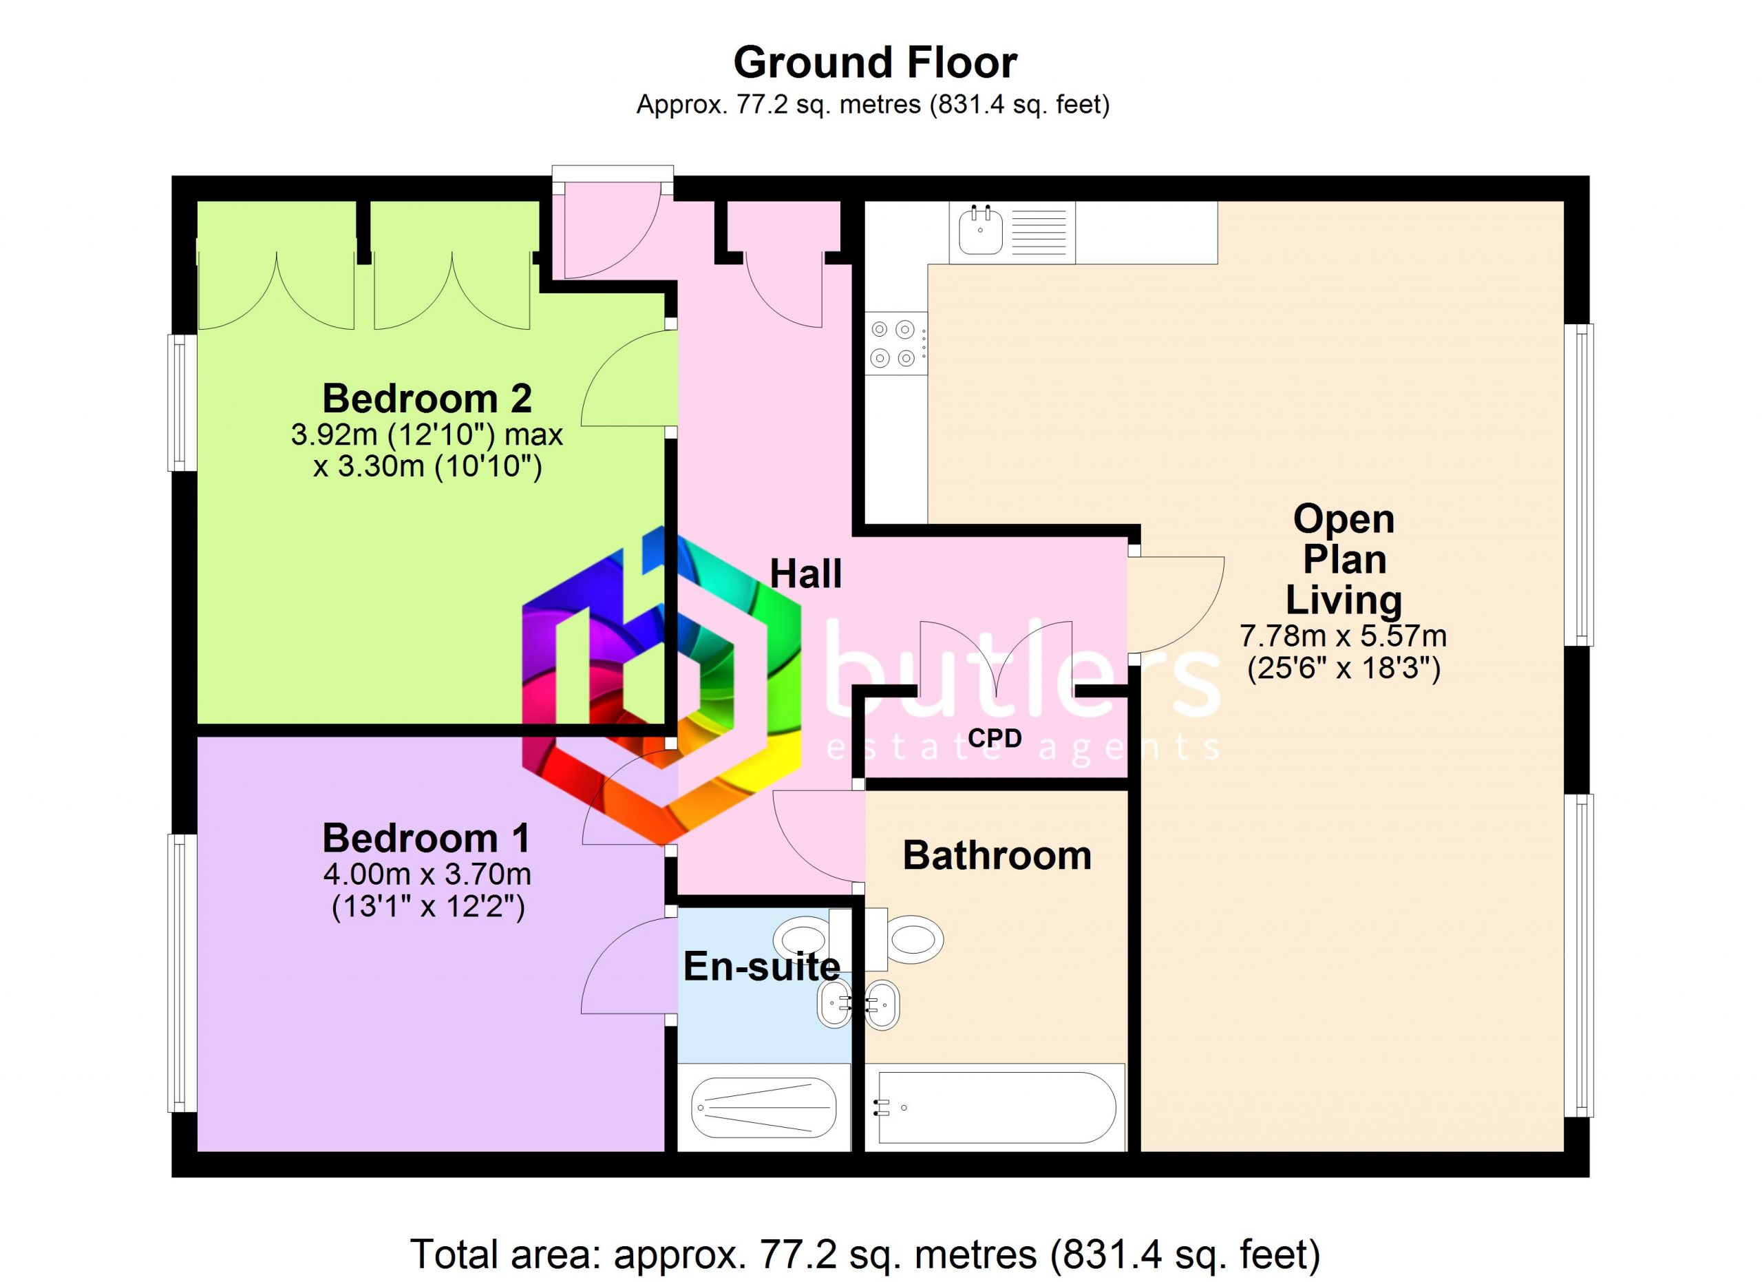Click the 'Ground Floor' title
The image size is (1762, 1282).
coord(875,63)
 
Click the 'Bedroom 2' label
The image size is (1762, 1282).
coord(427,399)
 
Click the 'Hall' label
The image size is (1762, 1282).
coord(806,574)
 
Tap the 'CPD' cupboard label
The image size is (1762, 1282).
coord(995,738)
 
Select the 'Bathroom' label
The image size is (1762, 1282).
coord(997,855)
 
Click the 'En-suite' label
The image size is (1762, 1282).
coord(761,967)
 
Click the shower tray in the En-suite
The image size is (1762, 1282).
coord(764,1107)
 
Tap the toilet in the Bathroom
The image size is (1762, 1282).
coord(905,939)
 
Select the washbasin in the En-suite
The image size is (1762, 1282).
coord(835,1004)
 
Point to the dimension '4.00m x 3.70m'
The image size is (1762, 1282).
coord(427,874)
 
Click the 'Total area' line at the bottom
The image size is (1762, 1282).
coord(864,1254)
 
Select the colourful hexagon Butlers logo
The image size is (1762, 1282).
coord(661,684)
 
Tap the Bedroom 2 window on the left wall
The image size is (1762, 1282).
coord(183,403)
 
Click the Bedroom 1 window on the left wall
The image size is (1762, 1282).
coord(183,973)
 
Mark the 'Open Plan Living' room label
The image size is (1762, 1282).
coord(1344,560)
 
